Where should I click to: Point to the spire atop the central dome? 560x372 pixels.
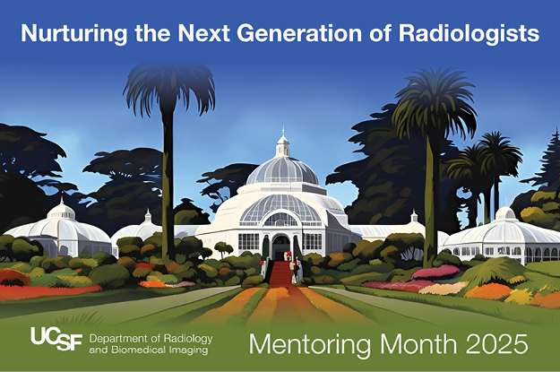click(x=283, y=141)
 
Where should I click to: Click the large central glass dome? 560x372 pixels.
click(x=283, y=170)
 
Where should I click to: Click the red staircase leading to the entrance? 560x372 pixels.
click(x=281, y=273)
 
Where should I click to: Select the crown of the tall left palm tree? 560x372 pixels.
click(x=168, y=85)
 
